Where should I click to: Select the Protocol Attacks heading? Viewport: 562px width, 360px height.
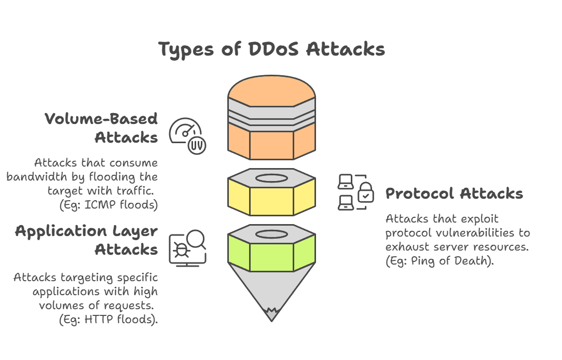click(454, 194)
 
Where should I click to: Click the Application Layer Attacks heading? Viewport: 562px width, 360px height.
click(87, 240)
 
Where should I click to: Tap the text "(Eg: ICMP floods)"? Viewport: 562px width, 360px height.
click(108, 205)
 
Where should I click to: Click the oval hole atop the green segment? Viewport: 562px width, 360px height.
click(271, 233)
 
